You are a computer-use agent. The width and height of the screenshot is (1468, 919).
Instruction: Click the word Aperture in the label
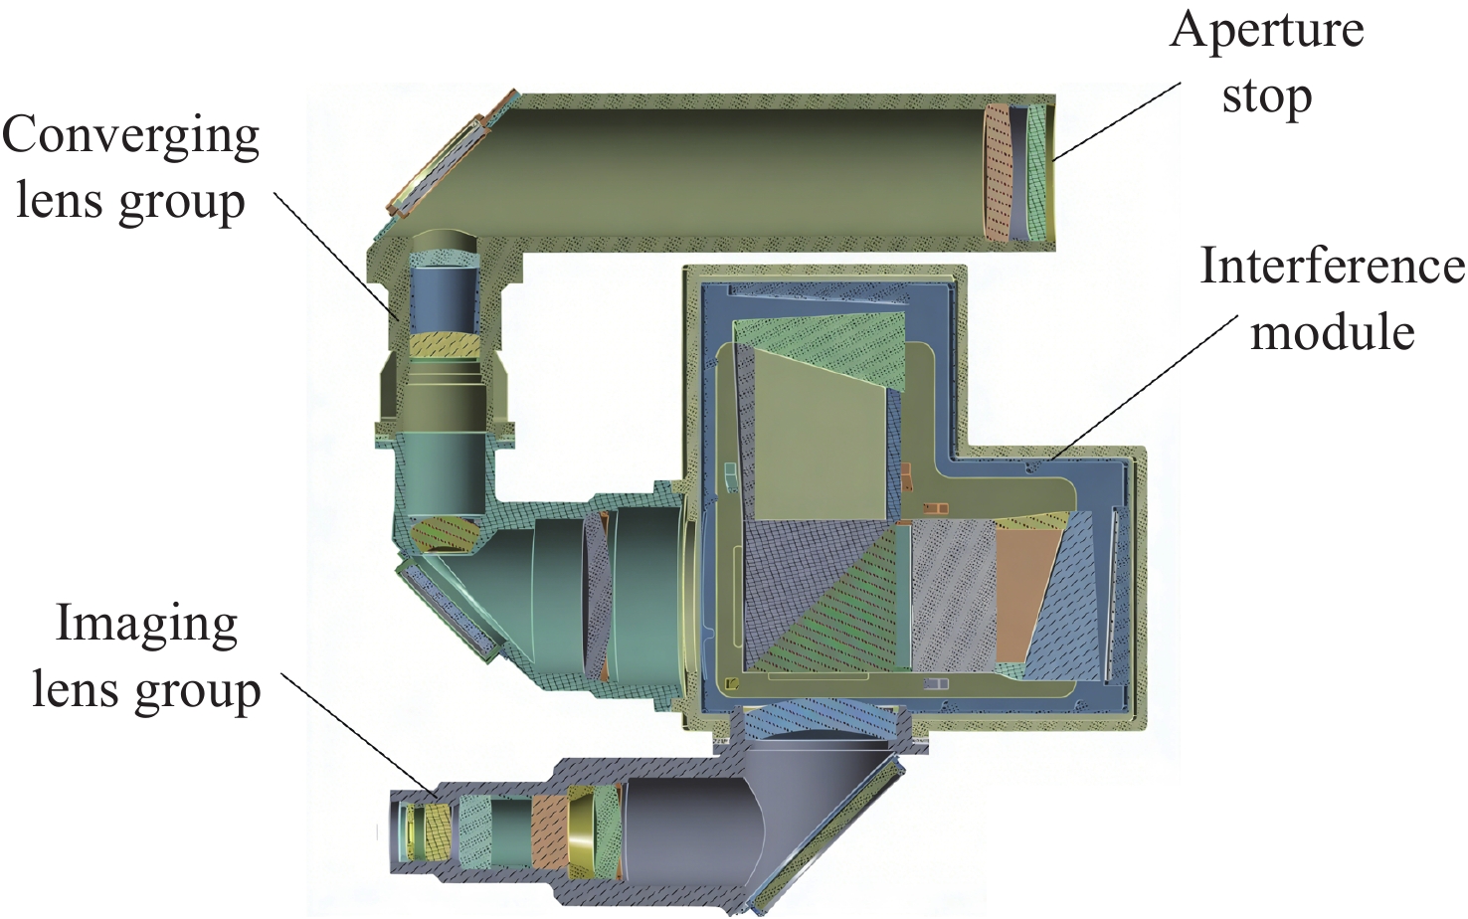click(1266, 32)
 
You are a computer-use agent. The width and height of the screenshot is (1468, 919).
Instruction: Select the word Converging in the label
click(130, 137)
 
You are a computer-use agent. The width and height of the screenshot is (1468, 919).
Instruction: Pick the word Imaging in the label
click(147, 626)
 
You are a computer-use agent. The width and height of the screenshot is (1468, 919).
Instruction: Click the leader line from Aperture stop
click(1117, 121)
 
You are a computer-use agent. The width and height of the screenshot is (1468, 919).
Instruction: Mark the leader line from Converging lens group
click(335, 255)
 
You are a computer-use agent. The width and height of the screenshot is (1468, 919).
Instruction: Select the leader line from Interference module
click(1143, 387)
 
